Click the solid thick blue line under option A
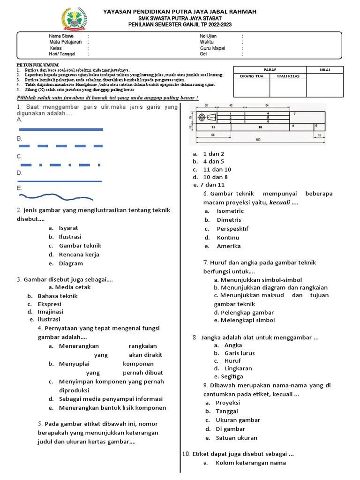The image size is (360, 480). pos(60,129)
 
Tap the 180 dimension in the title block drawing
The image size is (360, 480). pos(258,140)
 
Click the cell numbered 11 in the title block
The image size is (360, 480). pos(213,127)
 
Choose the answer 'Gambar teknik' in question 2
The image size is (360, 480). pos(80,246)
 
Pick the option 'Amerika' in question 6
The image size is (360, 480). pos(229,246)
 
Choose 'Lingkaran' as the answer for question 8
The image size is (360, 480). pos(239,368)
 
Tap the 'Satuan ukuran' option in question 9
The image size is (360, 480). pos(236,438)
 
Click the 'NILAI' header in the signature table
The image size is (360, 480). pos(325,70)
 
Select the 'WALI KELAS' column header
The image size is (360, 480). pos(288,76)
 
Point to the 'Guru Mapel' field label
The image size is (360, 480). pos(212,48)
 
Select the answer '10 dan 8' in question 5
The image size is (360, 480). pos(215,177)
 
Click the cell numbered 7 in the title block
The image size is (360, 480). pos(294,114)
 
